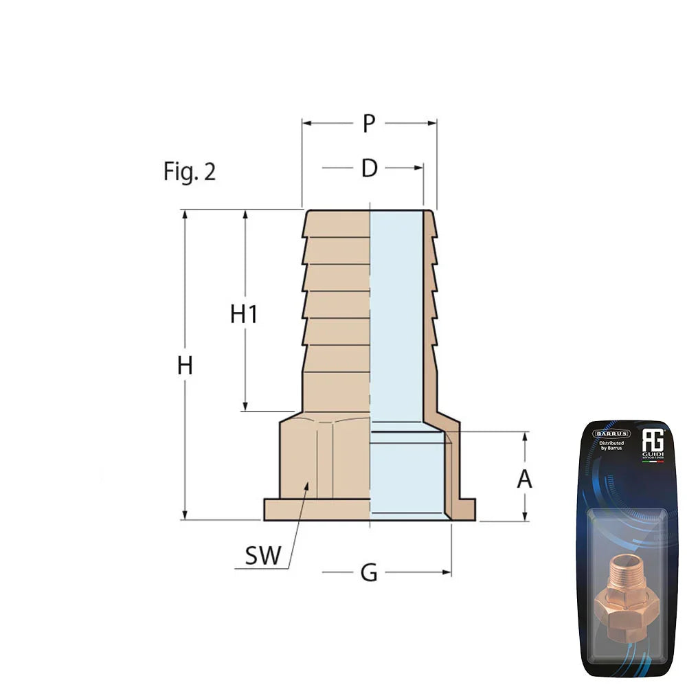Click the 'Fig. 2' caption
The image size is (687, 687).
coord(189,172)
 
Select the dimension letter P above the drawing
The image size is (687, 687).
coord(370,124)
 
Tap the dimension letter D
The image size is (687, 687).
coord(370,168)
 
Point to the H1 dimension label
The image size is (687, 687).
coord(244,314)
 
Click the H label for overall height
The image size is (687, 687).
coord(184,365)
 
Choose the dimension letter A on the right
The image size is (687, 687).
coord(524,479)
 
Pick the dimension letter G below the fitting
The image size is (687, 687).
coord(369,572)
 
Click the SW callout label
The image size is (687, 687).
coord(263,556)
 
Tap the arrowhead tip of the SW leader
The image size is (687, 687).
coord(307,484)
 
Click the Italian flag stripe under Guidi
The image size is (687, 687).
coord(653,461)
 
